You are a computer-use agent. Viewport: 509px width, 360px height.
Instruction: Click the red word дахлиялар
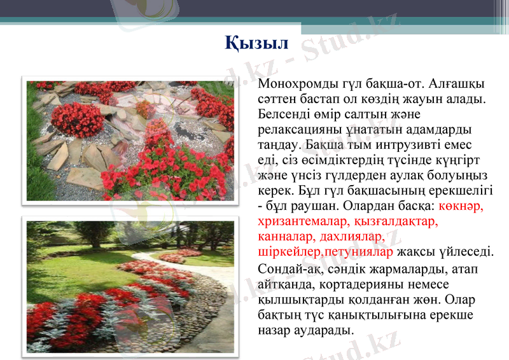point(349,237)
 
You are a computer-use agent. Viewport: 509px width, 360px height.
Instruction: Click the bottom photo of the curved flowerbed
point(130,286)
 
